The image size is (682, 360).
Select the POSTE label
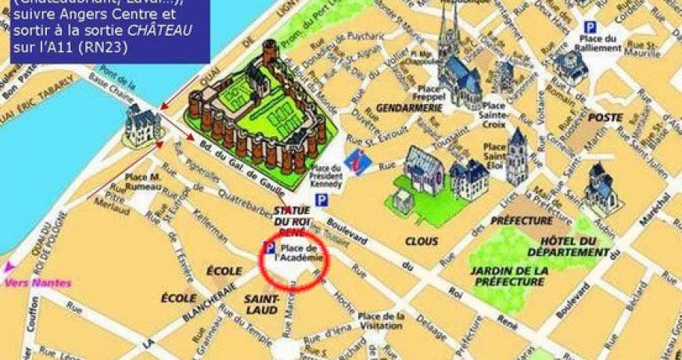click(x=605, y=117)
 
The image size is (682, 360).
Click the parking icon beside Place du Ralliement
click(x=590, y=27)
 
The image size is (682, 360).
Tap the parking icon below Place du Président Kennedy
click(x=320, y=201)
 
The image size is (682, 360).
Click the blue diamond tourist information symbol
click(x=357, y=160)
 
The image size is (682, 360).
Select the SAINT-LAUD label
click(x=261, y=304)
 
